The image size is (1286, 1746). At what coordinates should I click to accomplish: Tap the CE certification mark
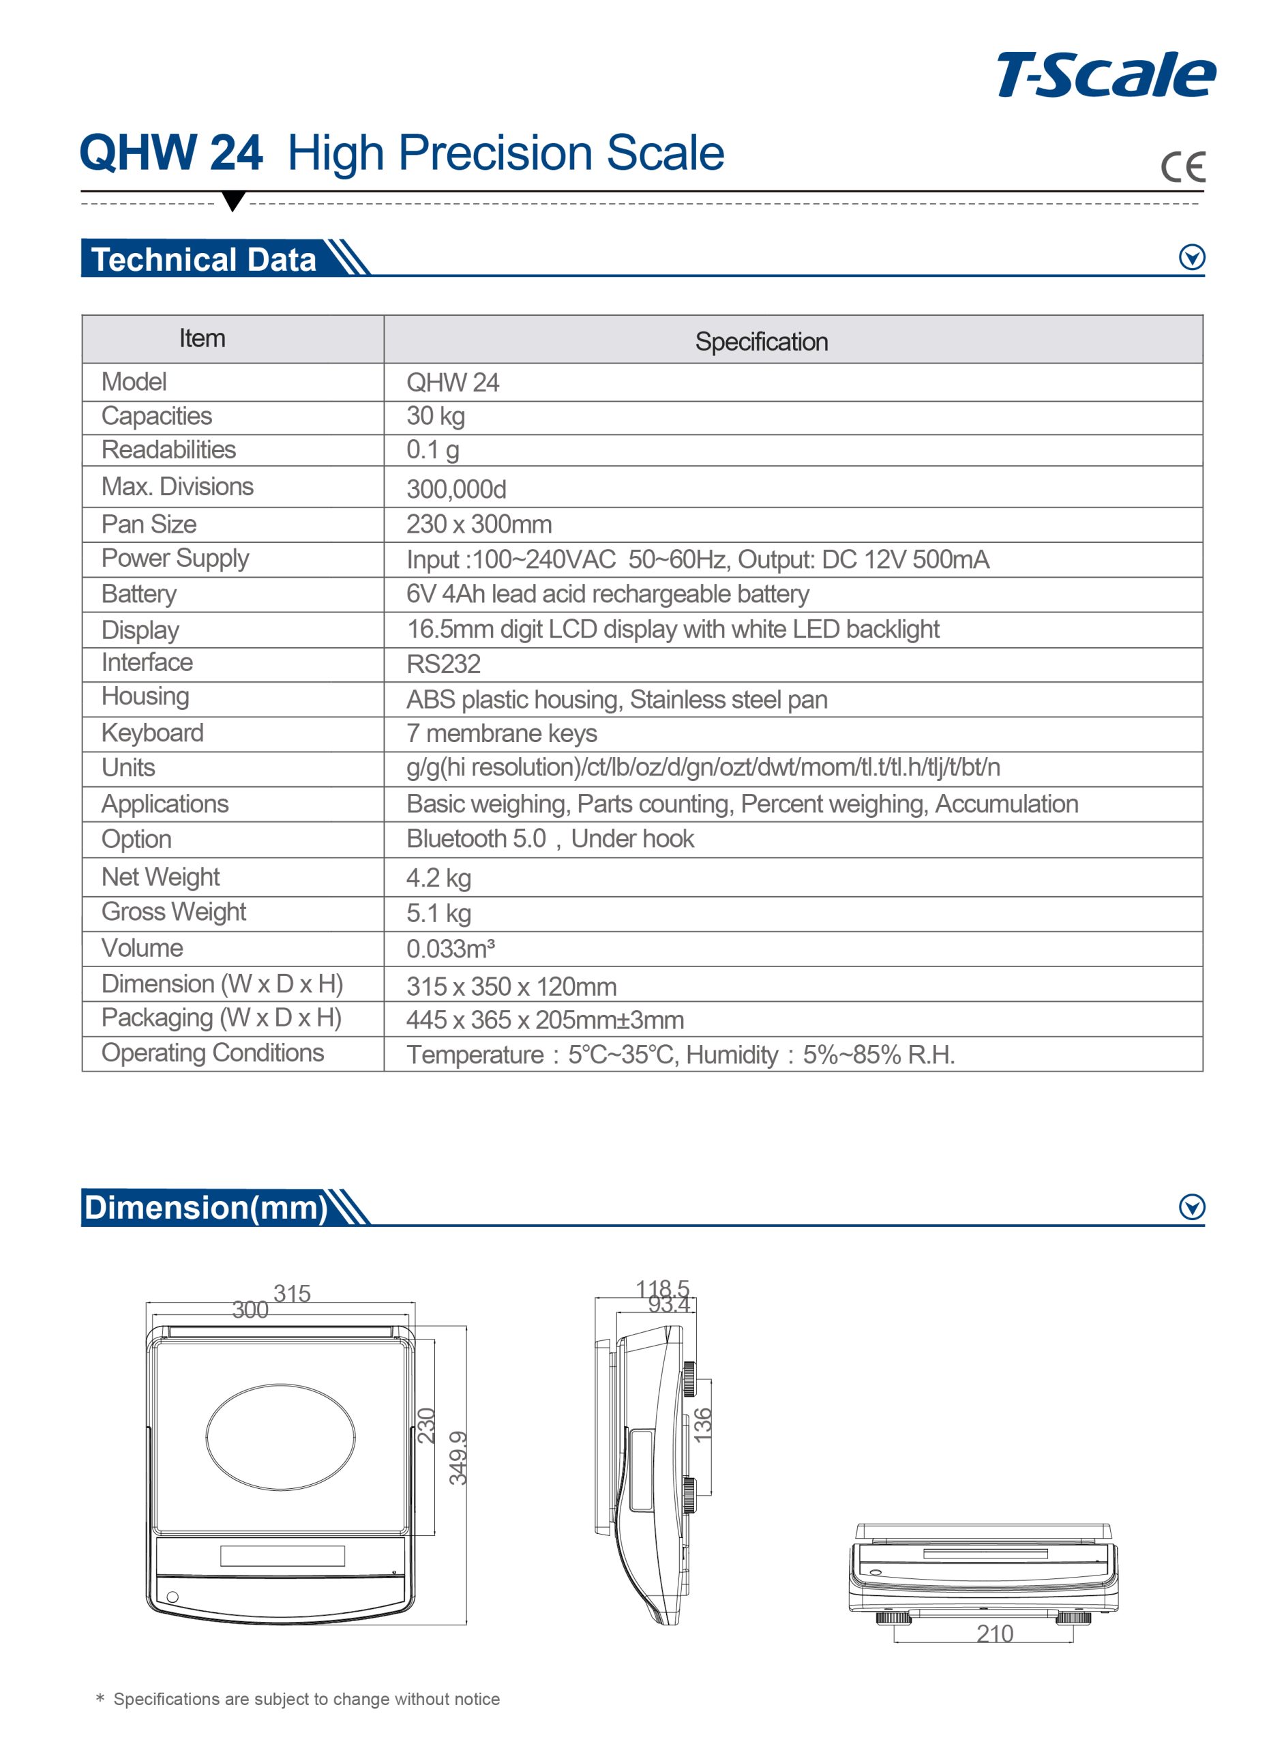[1182, 166]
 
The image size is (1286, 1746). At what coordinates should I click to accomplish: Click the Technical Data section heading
[204, 259]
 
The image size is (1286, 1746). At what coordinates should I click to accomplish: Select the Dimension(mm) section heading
[205, 1207]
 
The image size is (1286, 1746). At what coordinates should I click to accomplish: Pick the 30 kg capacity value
[435, 417]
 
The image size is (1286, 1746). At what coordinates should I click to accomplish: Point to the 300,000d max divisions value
[456, 489]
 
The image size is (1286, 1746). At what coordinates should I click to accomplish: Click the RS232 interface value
[443, 664]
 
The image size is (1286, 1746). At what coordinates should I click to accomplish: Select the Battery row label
[138, 594]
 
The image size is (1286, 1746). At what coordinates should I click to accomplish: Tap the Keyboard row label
[153, 733]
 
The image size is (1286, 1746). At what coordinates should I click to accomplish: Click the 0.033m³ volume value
[450, 949]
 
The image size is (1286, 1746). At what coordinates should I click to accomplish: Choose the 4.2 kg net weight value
[438, 878]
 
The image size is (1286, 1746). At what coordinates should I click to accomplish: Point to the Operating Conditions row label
[213, 1052]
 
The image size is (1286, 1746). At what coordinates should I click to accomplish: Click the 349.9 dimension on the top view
[458, 1458]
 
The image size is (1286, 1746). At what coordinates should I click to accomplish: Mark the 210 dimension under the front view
[994, 1634]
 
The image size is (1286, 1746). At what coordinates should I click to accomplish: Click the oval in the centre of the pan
[280, 1436]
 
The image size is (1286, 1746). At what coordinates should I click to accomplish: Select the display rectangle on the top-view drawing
[282, 1555]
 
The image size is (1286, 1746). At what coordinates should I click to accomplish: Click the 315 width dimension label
[292, 1294]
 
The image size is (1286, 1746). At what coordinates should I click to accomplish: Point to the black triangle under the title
[233, 201]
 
